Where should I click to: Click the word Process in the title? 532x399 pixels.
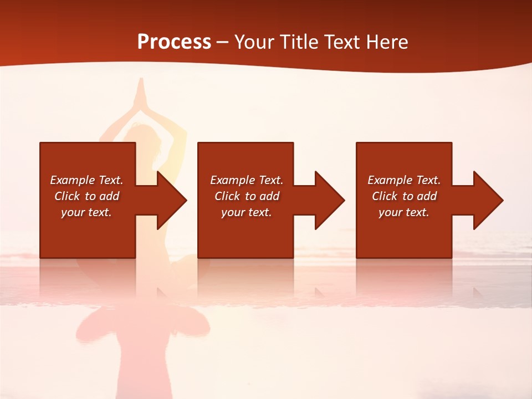(x=174, y=42)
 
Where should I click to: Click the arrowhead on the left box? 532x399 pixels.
(x=169, y=200)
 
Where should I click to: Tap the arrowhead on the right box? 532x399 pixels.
(x=485, y=200)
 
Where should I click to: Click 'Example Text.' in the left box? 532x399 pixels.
(x=86, y=180)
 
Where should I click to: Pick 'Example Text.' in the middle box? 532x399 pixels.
(x=247, y=180)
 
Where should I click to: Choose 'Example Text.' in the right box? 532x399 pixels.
(x=404, y=180)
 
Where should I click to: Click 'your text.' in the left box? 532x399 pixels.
(x=86, y=212)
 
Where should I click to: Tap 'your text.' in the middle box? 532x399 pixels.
(x=247, y=212)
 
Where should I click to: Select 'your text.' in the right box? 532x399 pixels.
(x=404, y=212)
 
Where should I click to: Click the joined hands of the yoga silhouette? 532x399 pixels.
(x=141, y=91)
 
